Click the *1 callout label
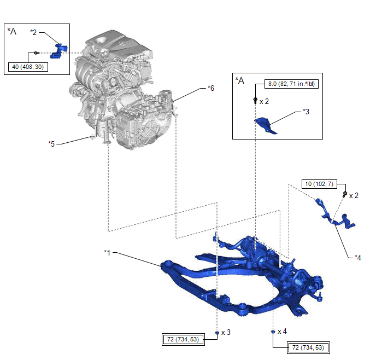point(108,252)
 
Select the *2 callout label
point(34,32)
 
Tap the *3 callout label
point(306,111)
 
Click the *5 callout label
point(51,144)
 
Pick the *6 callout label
point(211,88)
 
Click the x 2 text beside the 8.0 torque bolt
point(264,101)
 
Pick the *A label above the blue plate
point(239,80)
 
